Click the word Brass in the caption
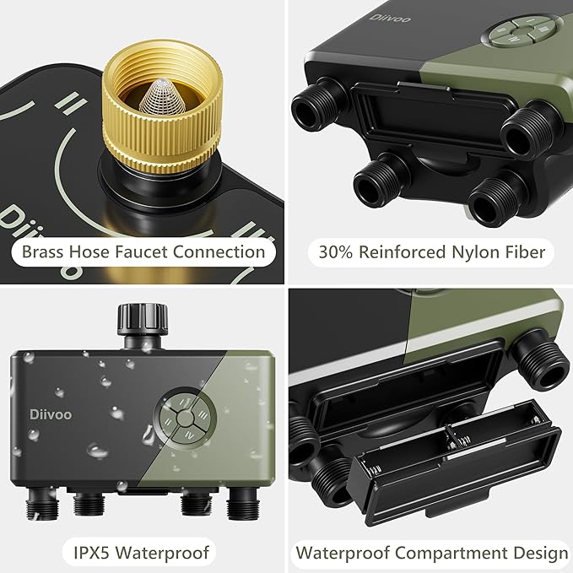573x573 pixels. click(43, 251)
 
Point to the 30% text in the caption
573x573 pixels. click(334, 251)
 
